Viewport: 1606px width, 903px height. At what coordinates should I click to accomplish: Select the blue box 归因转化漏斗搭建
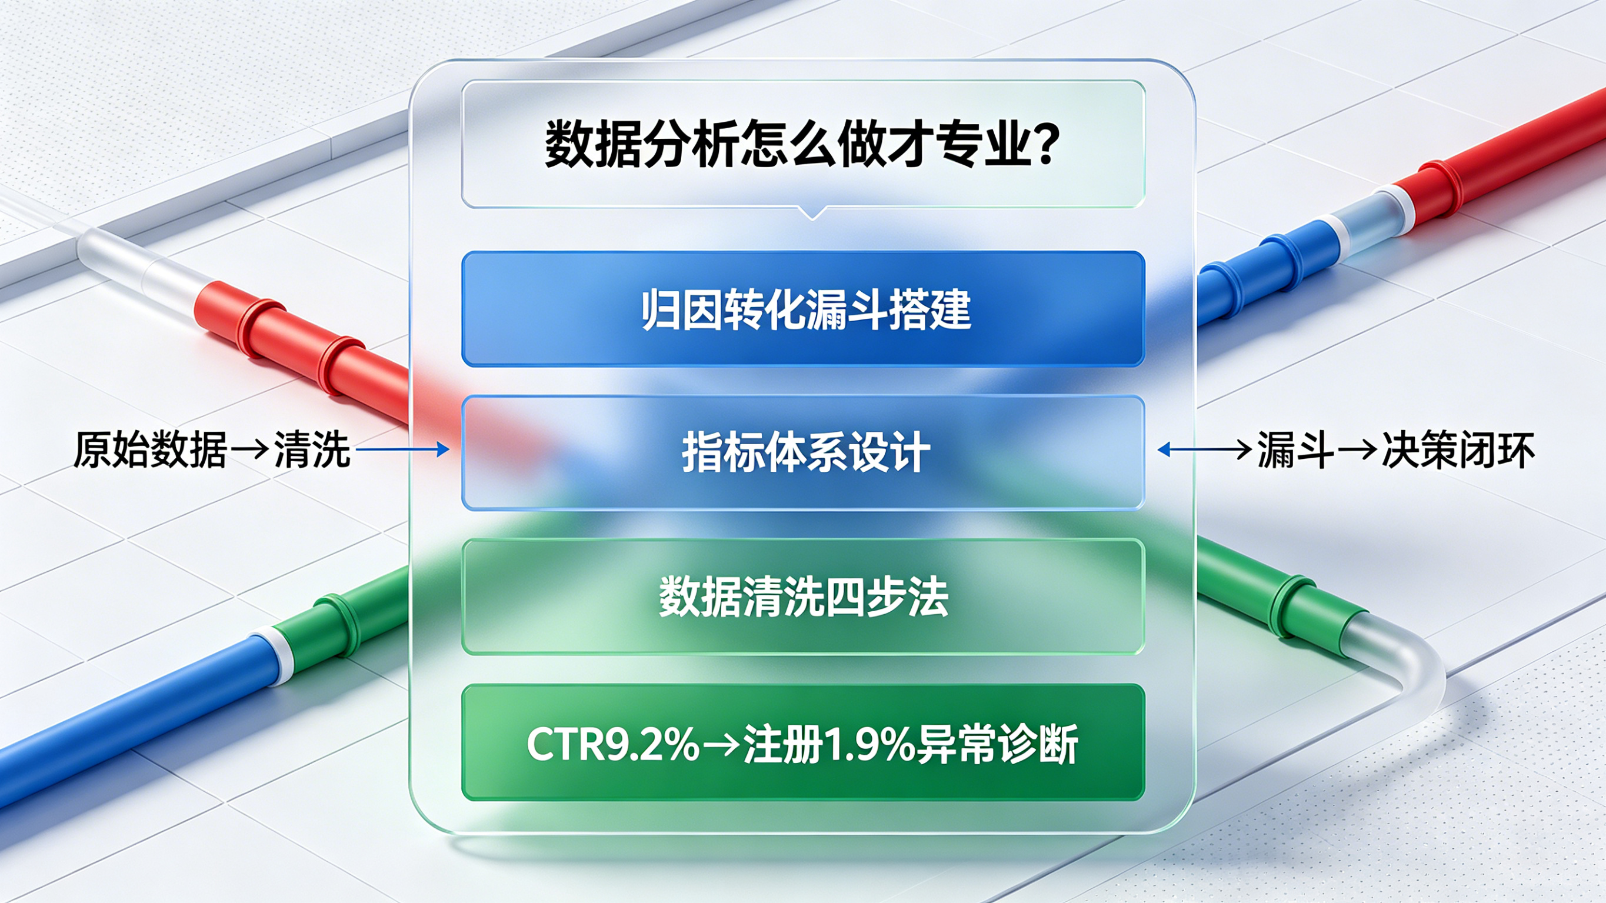tap(803, 309)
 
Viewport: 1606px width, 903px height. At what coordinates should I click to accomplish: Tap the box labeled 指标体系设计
tap(803, 453)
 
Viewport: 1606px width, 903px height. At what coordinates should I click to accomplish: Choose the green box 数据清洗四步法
tap(803, 597)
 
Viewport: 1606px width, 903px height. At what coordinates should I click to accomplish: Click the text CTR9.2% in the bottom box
tap(614, 744)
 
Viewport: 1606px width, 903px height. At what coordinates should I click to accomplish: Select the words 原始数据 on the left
tap(150, 449)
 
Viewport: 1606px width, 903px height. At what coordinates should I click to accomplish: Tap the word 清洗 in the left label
tap(312, 449)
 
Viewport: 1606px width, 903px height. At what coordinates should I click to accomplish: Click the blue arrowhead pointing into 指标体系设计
tap(442, 449)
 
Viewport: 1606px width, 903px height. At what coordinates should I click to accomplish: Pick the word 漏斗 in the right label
tap(1295, 449)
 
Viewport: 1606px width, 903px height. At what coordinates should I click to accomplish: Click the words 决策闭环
tap(1458, 449)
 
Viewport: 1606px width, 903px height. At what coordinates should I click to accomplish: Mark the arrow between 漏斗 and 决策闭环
tap(1357, 449)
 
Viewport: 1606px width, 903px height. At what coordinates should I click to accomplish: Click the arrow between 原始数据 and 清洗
tap(250, 449)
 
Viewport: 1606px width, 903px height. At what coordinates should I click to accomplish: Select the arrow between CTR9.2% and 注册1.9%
tap(721, 745)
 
